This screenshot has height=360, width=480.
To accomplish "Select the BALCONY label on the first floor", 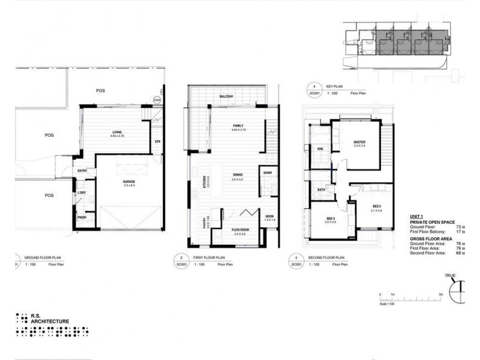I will click(226, 97).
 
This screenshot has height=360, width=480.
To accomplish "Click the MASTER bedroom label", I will click(359, 142).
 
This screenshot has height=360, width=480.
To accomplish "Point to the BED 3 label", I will click(330, 218).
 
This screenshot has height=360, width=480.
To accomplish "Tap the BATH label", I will click(321, 190).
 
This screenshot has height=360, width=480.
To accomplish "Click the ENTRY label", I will click(83, 171).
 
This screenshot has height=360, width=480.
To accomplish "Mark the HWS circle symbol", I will click(157, 100).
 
